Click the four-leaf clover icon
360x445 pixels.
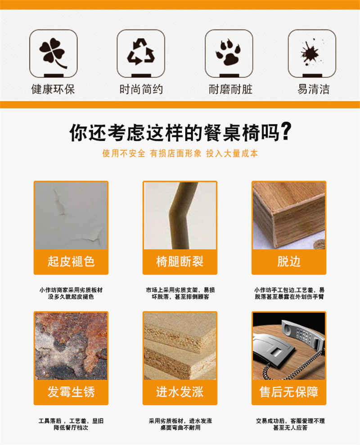click(x=53, y=53)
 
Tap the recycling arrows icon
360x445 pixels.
click(x=140, y=51)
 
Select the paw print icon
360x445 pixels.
click(x=228, y=53)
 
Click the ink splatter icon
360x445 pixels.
click(x=311, y=53)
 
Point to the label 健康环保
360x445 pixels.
click(x=53, y=89)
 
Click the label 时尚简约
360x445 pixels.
click(x=141, y=89)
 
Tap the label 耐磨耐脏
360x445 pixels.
click(x=230, y=89)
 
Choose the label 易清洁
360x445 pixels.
click(x=314, y=89)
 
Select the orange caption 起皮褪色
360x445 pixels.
click(x=71, y=261)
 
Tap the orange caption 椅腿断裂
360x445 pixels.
click(x=180, y=261)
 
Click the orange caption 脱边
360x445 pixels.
click(x=289, y=261)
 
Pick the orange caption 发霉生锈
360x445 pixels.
click(x=71, y=392)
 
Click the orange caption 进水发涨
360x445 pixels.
click(x=180, y=392)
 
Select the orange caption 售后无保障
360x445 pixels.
click(x=289, y=392)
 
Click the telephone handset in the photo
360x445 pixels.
click(x=302, y=334)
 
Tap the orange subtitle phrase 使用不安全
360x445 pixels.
click(x=124, y=153)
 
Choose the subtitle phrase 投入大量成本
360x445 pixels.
click(x=232, y=153)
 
